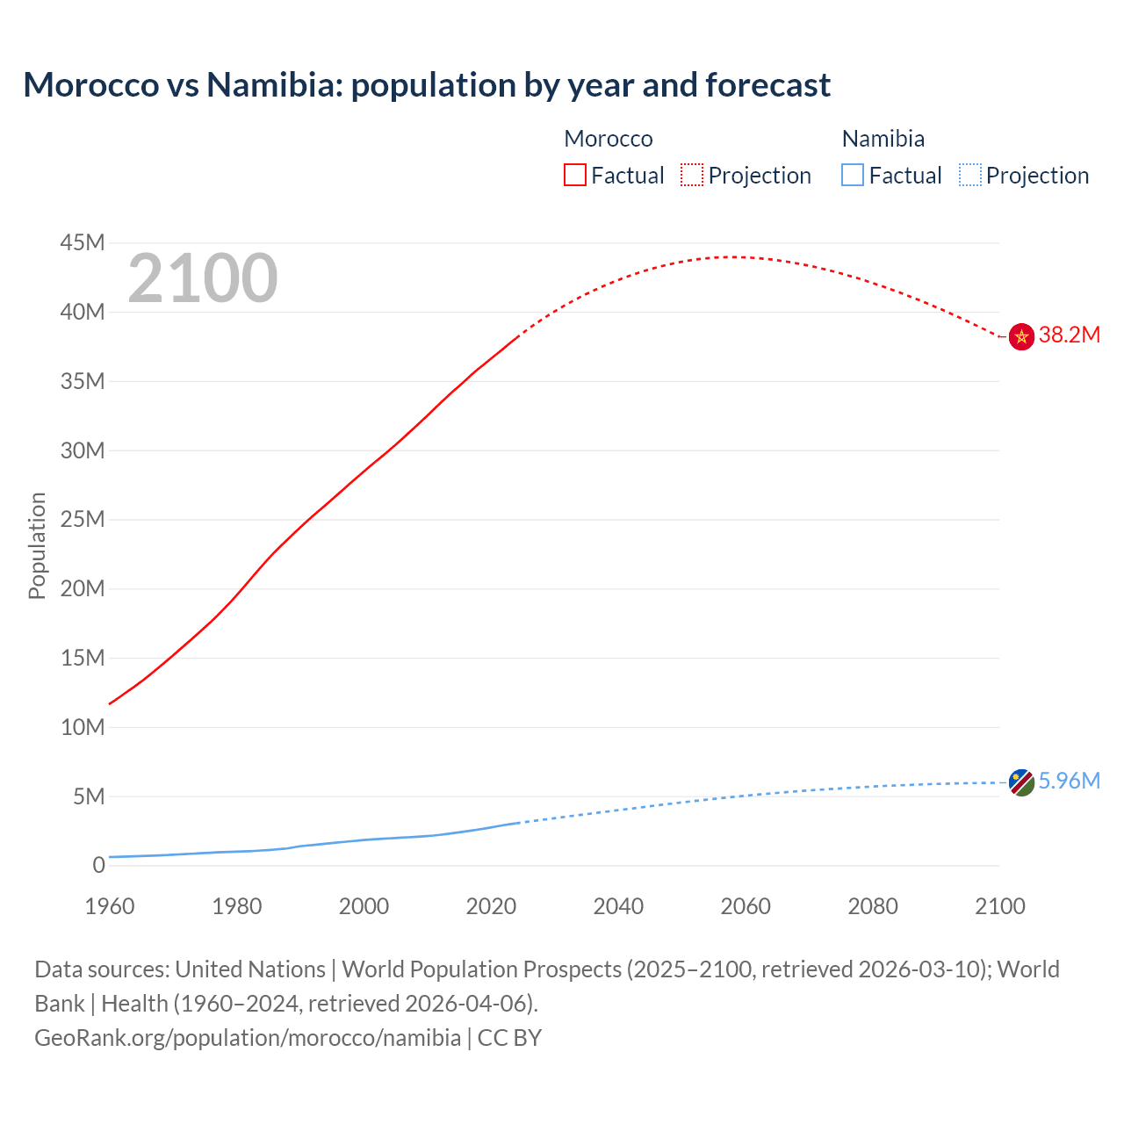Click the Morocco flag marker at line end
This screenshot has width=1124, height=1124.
tap(1021, 336)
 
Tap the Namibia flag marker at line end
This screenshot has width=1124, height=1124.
tap(1021, 782)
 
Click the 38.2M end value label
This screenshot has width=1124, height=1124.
tap(1069, 335)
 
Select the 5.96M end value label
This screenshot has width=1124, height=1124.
tap(1069, 782)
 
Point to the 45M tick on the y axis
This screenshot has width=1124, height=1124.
tap(83, 243)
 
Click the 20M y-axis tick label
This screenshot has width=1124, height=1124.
tap(83, 589)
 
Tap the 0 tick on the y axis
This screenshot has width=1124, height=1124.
tap(98, 866)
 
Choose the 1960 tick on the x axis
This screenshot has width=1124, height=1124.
tap(110, 906)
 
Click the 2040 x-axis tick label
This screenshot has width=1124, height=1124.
tap(618, 906)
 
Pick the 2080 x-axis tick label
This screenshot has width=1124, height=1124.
tap(873, 906)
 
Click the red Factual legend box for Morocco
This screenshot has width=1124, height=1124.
tap(574, 176)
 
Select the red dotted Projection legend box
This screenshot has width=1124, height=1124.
tap(692, 176)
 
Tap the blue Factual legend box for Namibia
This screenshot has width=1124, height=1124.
tap(853, 176)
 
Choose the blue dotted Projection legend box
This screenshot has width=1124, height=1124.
tap(969, 176)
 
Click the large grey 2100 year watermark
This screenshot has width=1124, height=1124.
tap(203, 279)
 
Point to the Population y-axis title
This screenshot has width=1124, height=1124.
tap(37, 545)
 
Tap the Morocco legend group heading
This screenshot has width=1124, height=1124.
tap(609, 139)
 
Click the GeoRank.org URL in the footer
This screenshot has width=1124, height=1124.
tap(248, 1038)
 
